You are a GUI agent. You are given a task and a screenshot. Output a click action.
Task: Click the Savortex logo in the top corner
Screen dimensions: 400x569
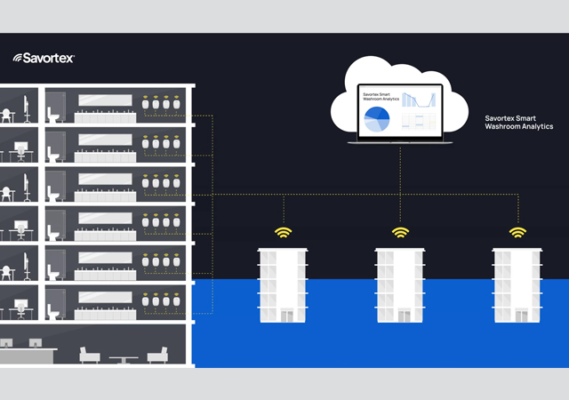point(44,58)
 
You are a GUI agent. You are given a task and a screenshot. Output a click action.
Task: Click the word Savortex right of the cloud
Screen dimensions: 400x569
point(504,116)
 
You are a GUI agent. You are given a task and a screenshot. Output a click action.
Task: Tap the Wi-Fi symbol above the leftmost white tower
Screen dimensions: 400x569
point(284,234)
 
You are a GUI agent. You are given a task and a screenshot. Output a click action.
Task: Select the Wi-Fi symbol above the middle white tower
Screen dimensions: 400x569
point(401,234)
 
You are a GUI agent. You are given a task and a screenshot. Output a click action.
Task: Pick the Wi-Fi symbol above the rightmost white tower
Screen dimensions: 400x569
point(517,234)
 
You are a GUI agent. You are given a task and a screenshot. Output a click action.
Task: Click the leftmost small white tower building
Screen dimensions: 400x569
point(284,284)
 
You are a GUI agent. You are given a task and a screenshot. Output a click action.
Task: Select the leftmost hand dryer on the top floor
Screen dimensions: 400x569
point(146,105)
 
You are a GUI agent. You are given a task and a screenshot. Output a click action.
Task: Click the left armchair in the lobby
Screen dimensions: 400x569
point(90,356)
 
